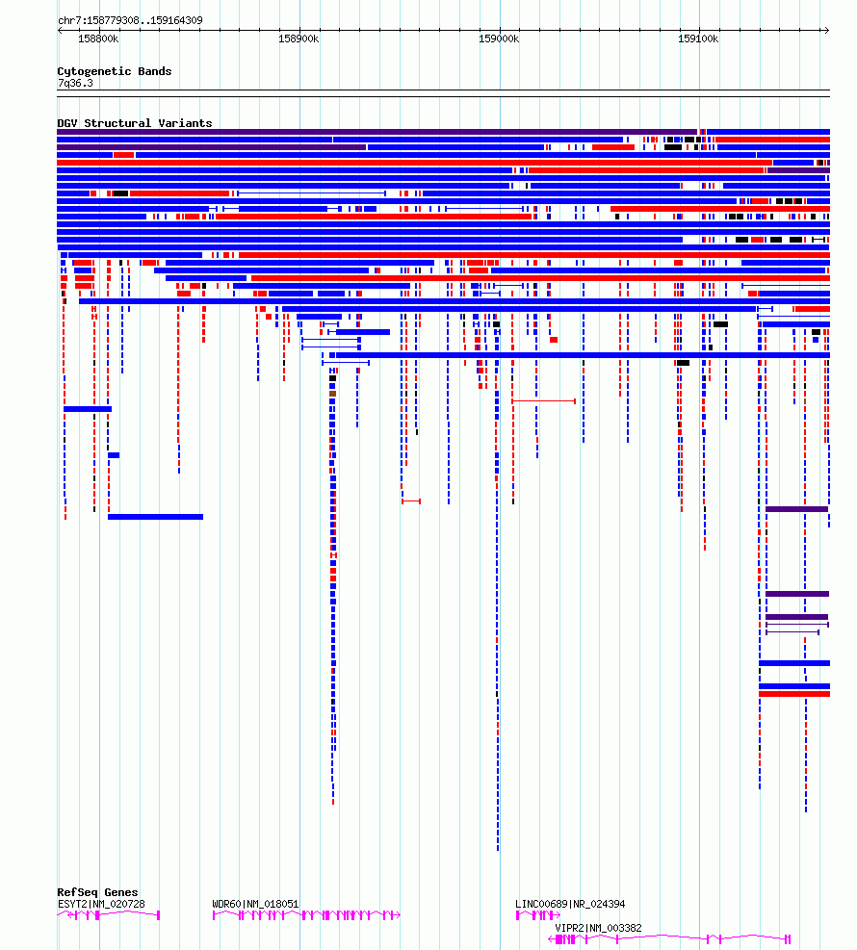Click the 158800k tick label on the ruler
point(98,39)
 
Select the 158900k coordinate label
point(299,39)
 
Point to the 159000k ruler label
point(499,39)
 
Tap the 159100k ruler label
point(698,39)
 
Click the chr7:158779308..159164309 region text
point(130,20)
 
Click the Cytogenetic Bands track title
point(115,71)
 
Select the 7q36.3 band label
point(75,83)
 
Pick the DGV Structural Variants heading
point(135,123)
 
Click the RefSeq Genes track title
point(97,892)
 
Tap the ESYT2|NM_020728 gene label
point(101,904)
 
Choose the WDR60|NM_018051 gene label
point(255,904)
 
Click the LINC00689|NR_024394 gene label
point(570,904)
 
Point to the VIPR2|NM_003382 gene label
point(598,928)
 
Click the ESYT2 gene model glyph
point(109,914)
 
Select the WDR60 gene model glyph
point(306,914)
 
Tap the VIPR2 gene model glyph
point(669,939)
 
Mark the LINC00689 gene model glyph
point(537,914)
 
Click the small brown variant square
point(333,394)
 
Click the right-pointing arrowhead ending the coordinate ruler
point(826,30)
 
